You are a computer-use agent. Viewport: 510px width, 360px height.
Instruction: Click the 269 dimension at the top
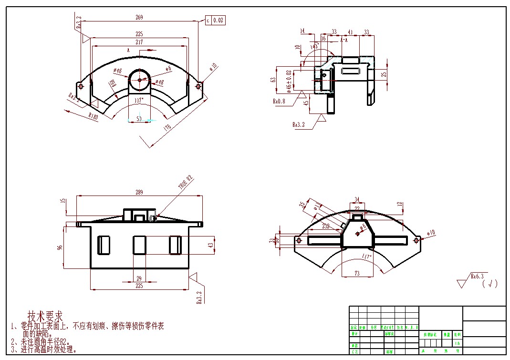coord(139,18)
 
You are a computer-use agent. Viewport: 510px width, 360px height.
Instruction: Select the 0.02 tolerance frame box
coord(219,20)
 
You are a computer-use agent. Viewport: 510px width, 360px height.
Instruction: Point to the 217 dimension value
coord(139,42)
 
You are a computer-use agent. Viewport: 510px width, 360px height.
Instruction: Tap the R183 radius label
coord(94,116)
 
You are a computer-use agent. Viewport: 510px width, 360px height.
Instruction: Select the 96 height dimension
coord(60,247)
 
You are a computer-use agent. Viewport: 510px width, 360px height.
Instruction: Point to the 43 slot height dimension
coord(211,245)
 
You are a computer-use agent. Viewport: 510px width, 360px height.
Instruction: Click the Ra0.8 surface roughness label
coord(280,102)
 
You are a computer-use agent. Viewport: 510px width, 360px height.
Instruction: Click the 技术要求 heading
coord(45,316)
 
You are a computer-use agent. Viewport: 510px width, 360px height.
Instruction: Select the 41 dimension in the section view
coord(350,32)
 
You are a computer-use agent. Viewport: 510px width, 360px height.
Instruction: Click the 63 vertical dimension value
coord(273,79)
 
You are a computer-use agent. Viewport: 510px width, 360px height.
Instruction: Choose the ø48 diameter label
coord(160,82)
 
